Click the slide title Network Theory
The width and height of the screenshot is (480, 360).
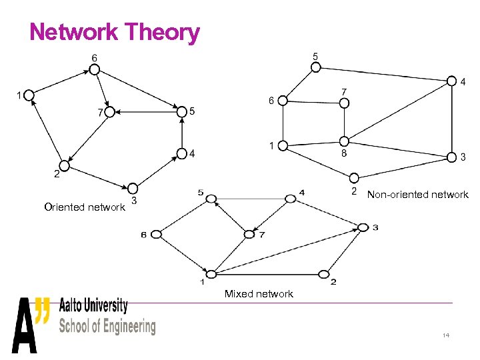[115, 31]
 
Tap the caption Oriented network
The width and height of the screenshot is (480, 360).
[84, 207]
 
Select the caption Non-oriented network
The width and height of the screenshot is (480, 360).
[417, 195]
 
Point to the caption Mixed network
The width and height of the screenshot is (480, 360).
[259, 294]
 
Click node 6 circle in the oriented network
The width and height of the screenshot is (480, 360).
[95, 70]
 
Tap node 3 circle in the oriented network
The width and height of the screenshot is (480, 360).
[132, 188]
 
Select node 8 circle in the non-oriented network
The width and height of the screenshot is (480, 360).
[344, 141]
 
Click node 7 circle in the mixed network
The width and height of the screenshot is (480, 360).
[250, 234]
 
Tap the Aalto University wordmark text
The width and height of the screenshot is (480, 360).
[93, 306]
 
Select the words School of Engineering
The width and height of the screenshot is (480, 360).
[107, 326]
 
